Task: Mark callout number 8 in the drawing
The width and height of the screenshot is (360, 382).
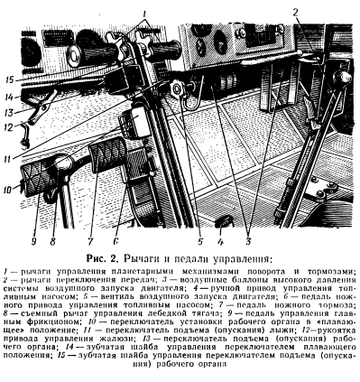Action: pyautogui.click(x=51, y=242)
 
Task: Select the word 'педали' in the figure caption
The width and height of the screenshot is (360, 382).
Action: pyautogui.click(x=202, y=258)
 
